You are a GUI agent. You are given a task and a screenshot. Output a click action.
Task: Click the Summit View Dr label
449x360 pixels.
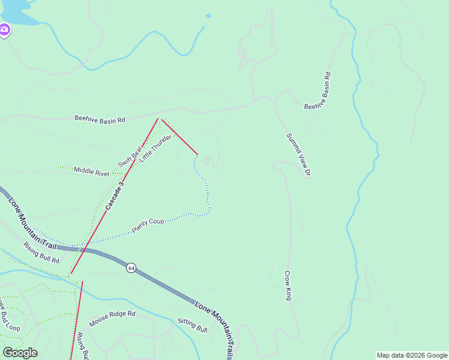pyautogui.click(x=298, y=155)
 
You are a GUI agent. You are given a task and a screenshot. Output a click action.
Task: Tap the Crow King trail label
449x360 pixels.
pyautogui.click(x=288, y=286)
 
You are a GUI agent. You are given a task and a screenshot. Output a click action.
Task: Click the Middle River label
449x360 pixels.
pyautogui.click(x=92, y=172)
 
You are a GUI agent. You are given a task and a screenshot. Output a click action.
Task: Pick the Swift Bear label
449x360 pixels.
pyautogui.click(x=129, y=155)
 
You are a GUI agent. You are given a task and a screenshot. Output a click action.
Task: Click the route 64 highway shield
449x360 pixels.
pyautogui.click(x=131, y=268)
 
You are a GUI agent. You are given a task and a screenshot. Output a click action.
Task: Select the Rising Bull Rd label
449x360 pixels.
pyautogui.click(x=41, y=253)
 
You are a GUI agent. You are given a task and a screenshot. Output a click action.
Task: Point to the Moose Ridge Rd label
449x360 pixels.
pyautogui.click(x=112, y=319)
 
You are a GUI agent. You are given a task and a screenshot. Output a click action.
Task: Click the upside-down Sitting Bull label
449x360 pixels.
pyautogui.click(x=192, y=325)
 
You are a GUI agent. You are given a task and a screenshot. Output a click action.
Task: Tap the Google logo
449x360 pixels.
pyautogui.click(x=20, y=352)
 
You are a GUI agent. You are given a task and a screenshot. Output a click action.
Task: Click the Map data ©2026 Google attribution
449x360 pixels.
pyautogui.click(x=412, y=355)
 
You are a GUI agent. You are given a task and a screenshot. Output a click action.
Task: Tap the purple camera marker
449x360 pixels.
pyautogui.click(x=4, y=29)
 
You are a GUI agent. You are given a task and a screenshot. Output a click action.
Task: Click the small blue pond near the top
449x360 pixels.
pyautogui.click(x=208, y=16)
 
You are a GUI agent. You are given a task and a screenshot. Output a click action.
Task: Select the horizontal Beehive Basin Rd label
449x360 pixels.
pyautogui.click(x=100, y=119)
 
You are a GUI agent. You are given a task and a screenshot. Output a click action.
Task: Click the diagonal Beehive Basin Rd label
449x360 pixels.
pyautogui.click(x=318, y=91)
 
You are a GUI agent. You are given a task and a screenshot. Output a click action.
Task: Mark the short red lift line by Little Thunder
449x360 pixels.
pyautogui.click(x=179, y=136)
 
